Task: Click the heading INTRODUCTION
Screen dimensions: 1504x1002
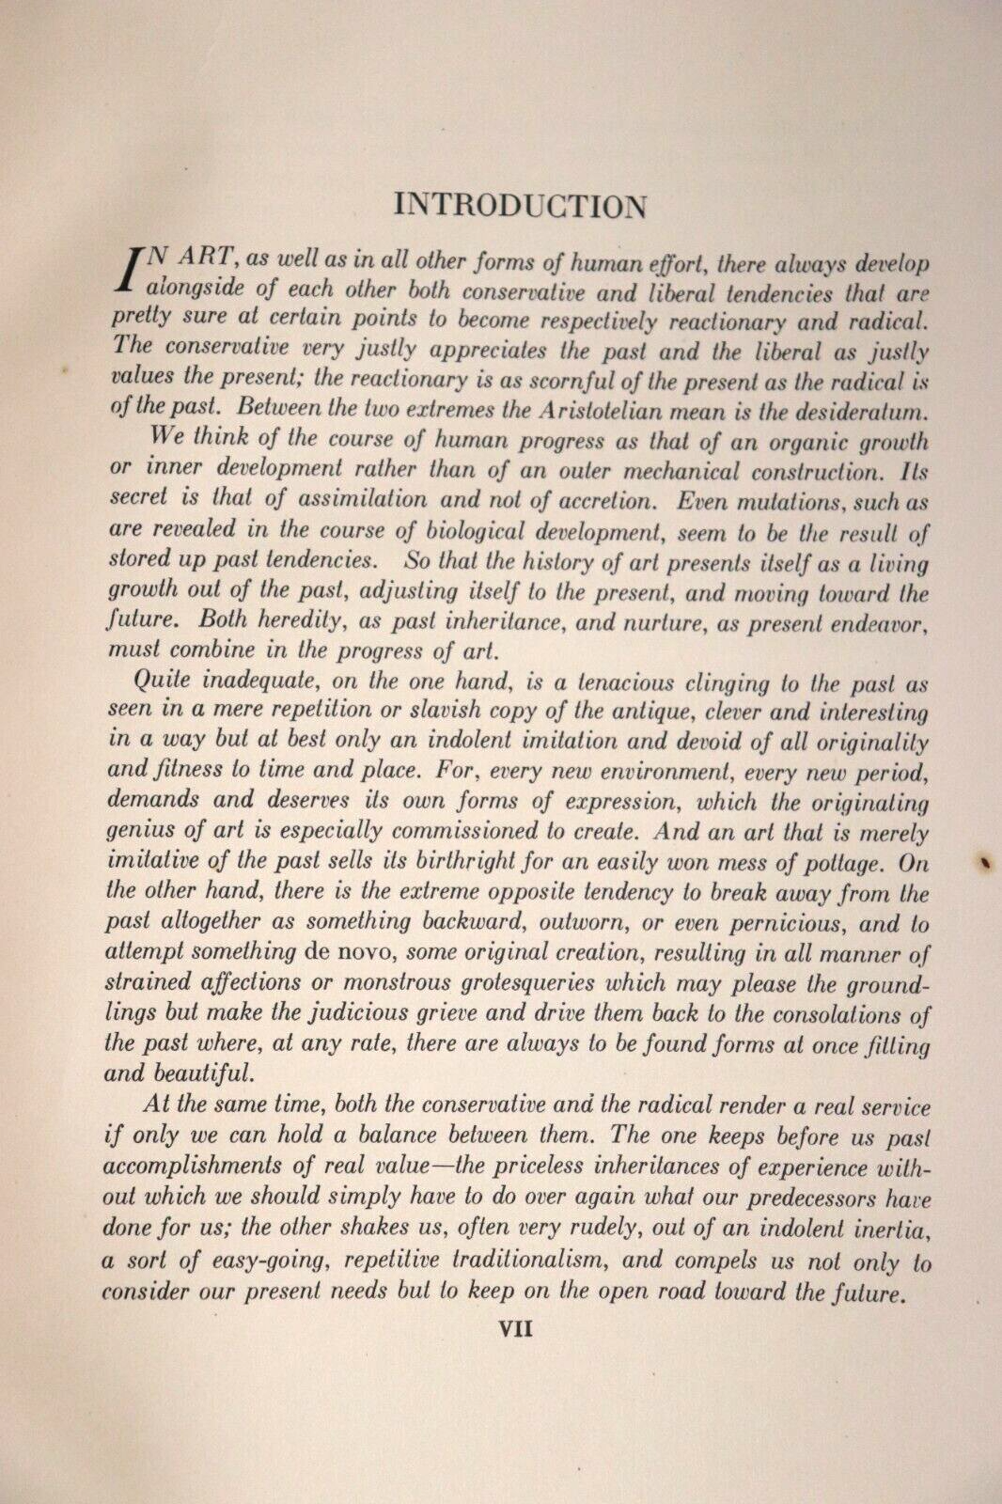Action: pyautogui.click(x=520, y=205)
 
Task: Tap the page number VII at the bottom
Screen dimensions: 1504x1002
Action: pyautogui.click(x=515, y=1329)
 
